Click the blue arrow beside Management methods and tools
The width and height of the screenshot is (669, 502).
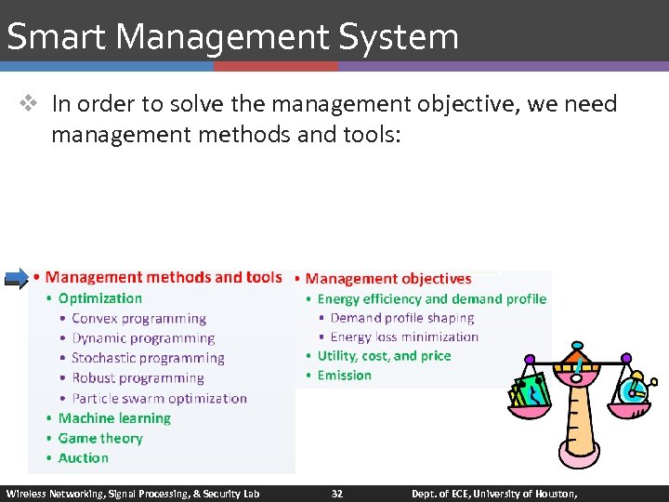(16, 277)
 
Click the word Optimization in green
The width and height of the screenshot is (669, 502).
(100, 298)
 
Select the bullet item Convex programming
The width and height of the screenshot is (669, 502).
(138, 319)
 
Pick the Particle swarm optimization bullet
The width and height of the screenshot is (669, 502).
(159, 398)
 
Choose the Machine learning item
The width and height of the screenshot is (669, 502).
(114, 418)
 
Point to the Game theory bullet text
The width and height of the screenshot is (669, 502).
(100, 439)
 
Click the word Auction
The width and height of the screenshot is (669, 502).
(84, 458)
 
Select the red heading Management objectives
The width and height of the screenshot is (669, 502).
(388, 279)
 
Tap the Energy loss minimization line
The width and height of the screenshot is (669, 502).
(404, 337)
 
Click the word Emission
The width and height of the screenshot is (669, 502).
(345, 376)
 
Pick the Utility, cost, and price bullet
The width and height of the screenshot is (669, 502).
(384, 356)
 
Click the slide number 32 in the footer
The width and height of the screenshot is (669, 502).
(336, 494)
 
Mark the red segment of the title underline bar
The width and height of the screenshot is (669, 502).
(276, 67)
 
